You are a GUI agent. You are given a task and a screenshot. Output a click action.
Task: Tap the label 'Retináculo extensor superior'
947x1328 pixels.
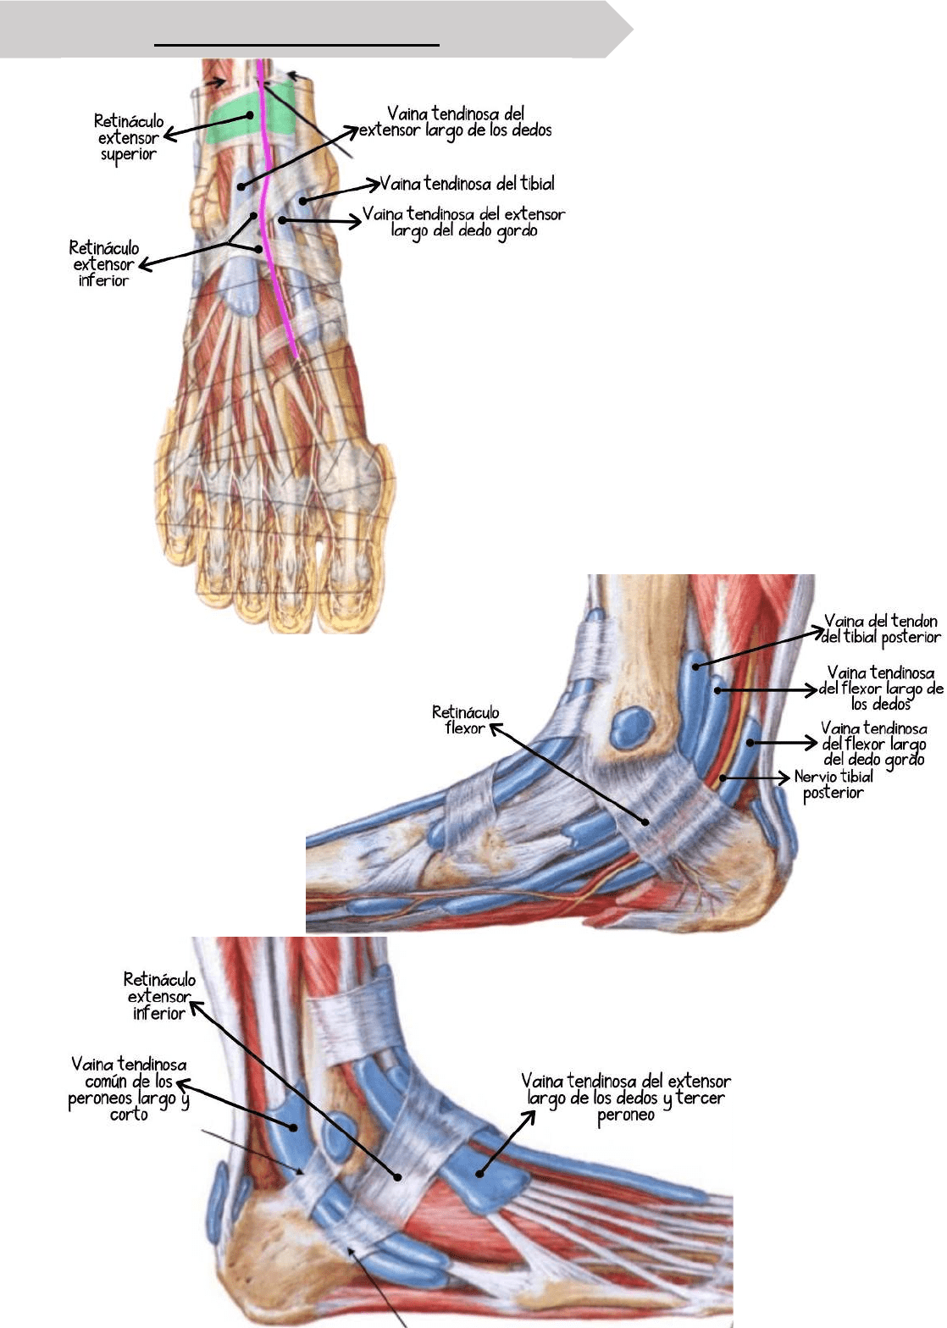pyautogui.click(x=128, y=137)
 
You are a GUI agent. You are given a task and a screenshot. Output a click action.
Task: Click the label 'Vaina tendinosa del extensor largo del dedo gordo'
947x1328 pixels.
pyautogui.click(x=463, y=222)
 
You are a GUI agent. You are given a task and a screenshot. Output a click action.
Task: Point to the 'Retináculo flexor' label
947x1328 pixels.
pyautogui.click(x=465, y=720)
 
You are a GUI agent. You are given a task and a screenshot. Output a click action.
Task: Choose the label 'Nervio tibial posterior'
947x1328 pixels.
pyautogui.click(x=833, y=784)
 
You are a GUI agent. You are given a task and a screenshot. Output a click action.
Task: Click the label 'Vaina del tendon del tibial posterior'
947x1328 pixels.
pyautogui.click(x=881, y=629)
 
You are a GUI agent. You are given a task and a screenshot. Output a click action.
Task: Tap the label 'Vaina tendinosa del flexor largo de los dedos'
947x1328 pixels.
pyautogui.click(x=881, y=688)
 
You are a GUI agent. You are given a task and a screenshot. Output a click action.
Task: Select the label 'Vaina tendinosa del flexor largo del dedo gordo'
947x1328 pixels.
pyautogui.click(x=874, y=744)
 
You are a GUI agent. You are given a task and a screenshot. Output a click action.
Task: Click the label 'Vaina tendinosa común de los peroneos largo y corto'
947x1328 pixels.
pyautogui.click(x=129, y=1089)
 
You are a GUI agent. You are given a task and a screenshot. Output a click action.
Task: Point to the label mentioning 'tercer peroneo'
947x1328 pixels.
pyautogui.click(x=625, y=1098)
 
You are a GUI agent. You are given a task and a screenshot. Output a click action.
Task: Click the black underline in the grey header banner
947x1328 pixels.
pyautogui.click(x=297, y=43)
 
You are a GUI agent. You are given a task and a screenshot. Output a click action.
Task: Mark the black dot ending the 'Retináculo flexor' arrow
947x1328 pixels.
pyautogui.click(x=645, y=822)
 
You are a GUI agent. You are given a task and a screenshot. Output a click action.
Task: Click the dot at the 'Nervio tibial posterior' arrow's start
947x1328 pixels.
pyautogui.click(x=723, y=777)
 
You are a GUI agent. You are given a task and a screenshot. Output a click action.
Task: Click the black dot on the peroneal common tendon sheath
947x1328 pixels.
pyautogui.click(x=294, y=1127)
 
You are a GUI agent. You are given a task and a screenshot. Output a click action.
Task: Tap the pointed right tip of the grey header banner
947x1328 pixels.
pyautogui.click(x=632, y=30)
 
